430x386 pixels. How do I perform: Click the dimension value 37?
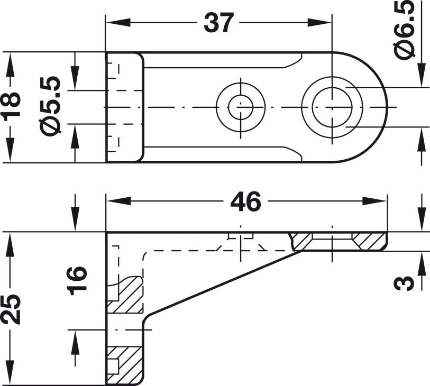(219, 23)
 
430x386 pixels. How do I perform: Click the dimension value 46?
(245, 201)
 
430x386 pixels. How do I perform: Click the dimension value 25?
(11, 309)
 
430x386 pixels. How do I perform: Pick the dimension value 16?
(78, 281)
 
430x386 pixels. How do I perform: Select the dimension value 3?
(403, 283)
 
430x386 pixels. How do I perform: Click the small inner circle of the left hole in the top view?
(241, 108)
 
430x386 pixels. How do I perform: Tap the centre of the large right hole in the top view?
(332, 107)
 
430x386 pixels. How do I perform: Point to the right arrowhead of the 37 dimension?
(320, 23)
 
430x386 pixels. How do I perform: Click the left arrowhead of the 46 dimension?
(118, 201)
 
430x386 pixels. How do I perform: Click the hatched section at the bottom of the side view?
(125, 365)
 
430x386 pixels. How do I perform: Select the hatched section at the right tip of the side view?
(370, 241)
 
